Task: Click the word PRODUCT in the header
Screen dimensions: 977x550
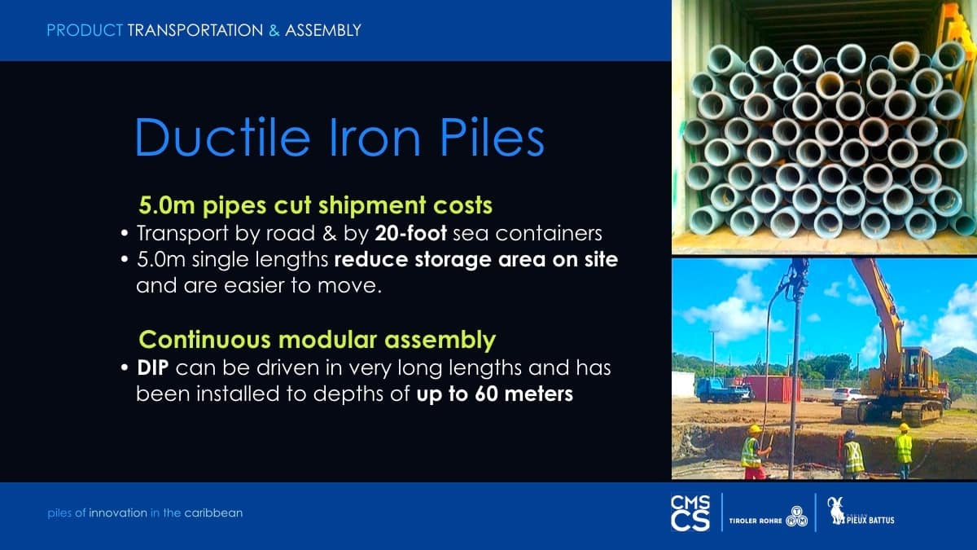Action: [85, 30]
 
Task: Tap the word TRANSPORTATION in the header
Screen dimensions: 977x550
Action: [195, 30]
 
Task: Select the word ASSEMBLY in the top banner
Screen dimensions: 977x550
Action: [322, 30]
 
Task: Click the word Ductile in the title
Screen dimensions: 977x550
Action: [222, 137]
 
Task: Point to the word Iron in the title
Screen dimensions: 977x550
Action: [375, 137]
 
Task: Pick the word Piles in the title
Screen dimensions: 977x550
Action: [492, 137]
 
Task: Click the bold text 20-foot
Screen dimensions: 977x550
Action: [410, 234]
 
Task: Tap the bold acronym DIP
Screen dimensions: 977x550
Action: [153, 368]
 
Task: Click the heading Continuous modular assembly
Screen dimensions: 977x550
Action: [317, 340]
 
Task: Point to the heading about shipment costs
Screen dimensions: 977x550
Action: [315, 205]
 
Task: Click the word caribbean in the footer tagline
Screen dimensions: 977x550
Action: [213, 513]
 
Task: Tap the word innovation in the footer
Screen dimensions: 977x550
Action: [118, 513]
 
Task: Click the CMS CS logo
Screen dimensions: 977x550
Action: [690, 513]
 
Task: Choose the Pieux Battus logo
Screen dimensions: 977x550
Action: [861, 512]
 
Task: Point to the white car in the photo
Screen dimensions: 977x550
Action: [848, 396]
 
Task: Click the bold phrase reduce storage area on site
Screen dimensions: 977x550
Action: [475, 260]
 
